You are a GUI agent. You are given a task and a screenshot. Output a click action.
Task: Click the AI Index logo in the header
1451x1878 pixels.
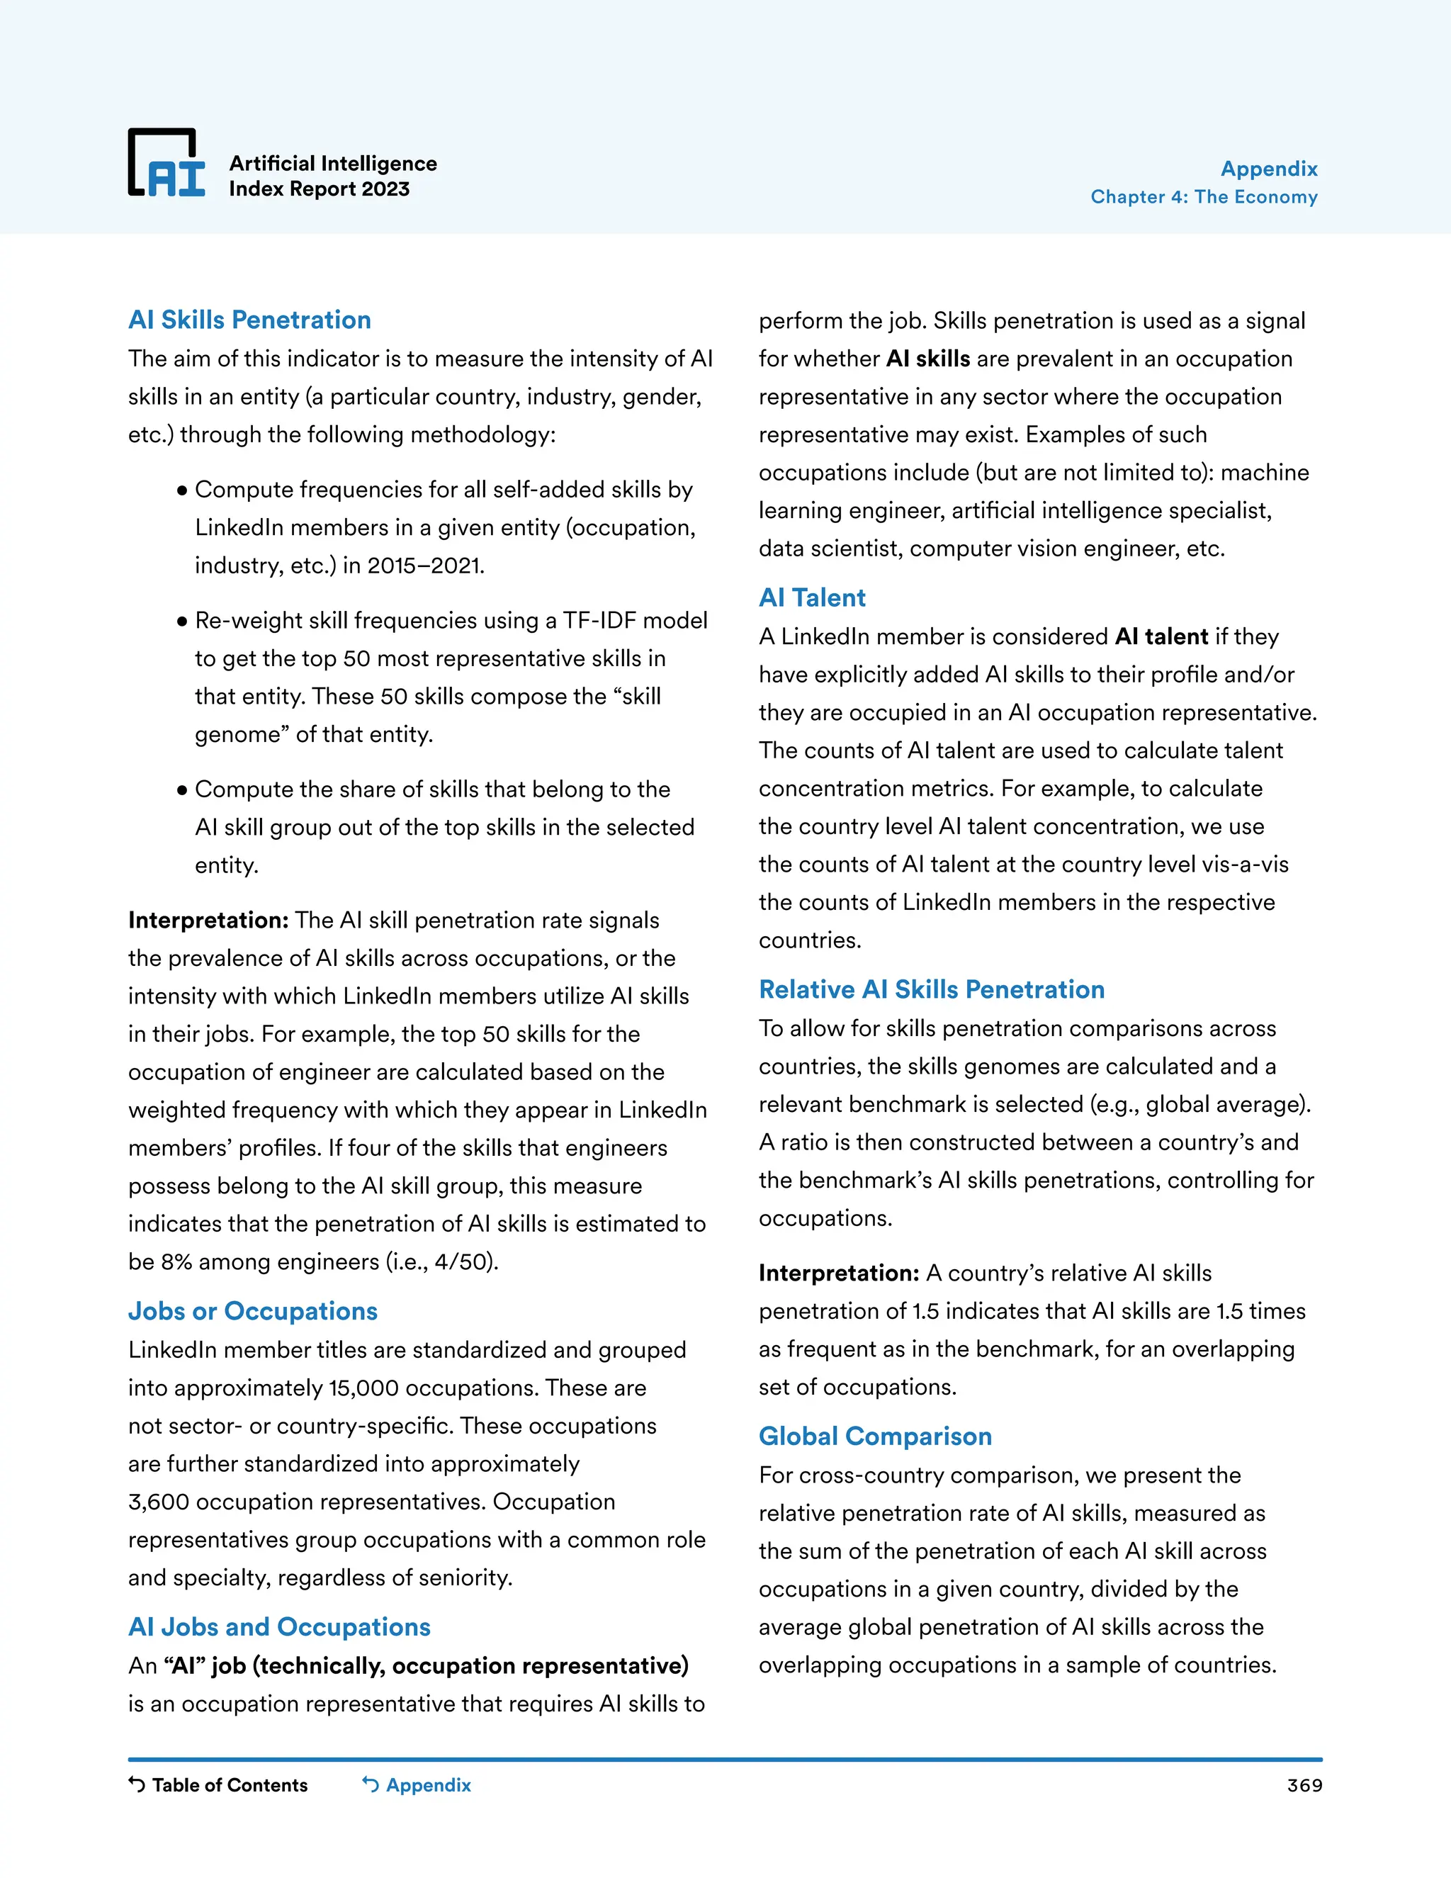(166, 164)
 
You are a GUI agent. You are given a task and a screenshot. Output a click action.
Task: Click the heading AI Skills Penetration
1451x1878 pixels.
(249, 320)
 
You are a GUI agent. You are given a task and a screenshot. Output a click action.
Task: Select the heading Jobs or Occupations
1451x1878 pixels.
(253, 1310)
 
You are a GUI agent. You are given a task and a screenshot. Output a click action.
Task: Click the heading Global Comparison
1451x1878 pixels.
(875, 1436)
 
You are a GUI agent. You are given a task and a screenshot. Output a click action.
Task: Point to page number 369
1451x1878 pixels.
(1304, 1785)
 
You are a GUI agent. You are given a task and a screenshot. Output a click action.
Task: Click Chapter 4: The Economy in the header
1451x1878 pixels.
(1204, 197)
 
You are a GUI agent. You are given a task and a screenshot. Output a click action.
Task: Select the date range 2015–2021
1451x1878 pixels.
(424, 566)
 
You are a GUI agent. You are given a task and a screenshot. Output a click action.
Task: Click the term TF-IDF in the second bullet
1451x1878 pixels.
(599, 621)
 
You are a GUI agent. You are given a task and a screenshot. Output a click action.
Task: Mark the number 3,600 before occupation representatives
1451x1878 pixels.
(158, 1502)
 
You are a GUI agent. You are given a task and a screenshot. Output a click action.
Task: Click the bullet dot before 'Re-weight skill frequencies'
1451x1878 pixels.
(181, 621)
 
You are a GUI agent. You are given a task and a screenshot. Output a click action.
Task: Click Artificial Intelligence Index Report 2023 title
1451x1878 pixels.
(333, 176)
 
